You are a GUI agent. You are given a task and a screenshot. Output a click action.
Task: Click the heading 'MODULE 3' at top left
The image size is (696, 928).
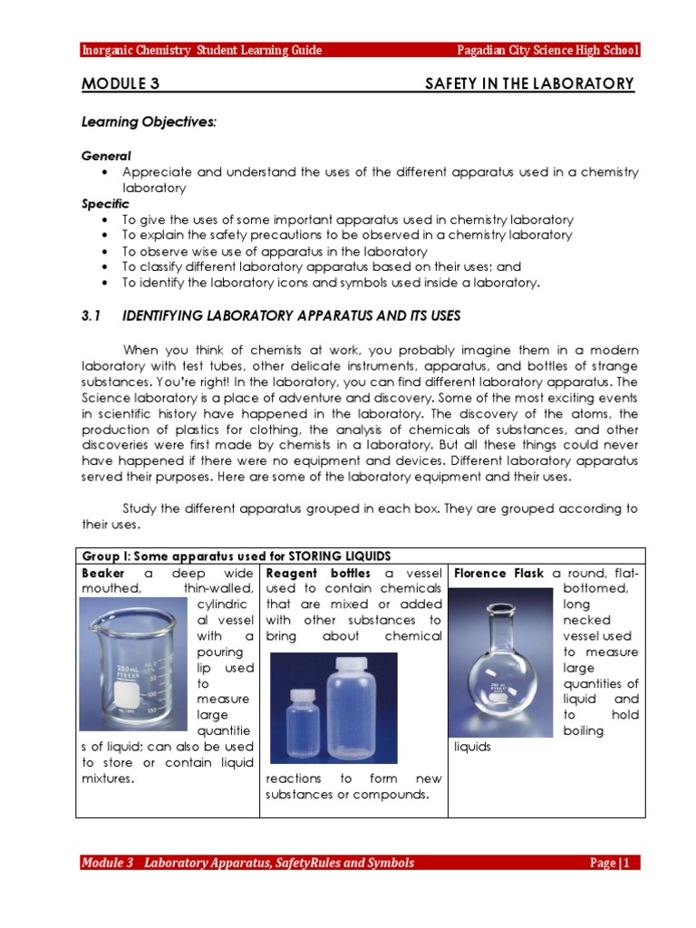point(121,84)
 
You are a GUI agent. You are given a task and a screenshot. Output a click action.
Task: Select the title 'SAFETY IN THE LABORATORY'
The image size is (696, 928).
point(529,84)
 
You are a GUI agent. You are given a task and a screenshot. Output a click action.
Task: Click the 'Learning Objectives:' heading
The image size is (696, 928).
point(149,121)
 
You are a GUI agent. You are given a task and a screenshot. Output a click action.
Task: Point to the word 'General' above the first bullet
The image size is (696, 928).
point(106,156)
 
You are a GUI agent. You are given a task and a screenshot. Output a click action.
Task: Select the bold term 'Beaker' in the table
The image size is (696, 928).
point(102,574)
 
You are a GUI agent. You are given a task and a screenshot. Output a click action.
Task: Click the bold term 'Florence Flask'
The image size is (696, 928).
point(498,574)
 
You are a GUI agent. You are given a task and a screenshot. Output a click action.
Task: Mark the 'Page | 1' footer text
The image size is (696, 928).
point(614,863)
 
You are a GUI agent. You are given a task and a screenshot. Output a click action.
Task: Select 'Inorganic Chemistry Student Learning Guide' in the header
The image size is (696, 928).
point(202,50)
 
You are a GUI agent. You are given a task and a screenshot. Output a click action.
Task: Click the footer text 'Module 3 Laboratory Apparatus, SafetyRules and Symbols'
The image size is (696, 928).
point(247,863)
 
